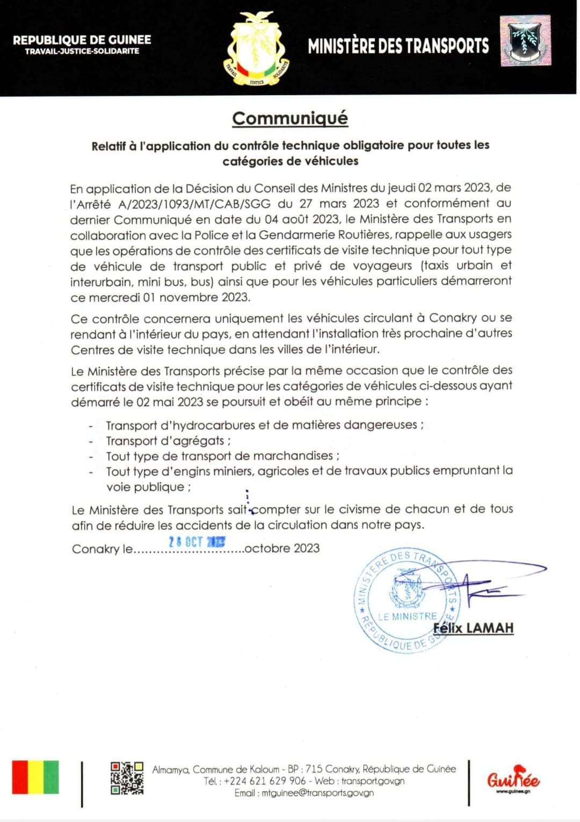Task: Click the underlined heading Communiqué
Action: (x=290, y=118)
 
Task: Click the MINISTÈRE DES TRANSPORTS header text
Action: (x=398, y=46)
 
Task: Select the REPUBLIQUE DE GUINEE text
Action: (x=82, y=40)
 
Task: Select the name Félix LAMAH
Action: (x=473, y=628)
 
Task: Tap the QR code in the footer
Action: (x=127, y=778)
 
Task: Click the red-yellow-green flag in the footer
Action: (x=35, y=777)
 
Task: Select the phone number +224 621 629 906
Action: (x=265, y=781)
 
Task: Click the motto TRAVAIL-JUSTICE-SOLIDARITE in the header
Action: (x=82, y=51)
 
